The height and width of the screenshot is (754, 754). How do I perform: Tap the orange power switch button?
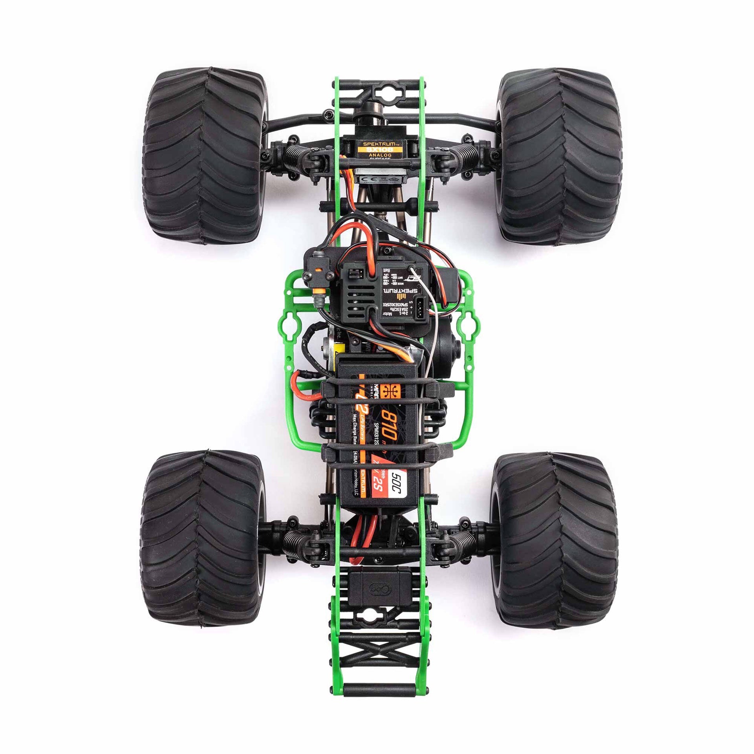pyautogui.click(x=317, y=271)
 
